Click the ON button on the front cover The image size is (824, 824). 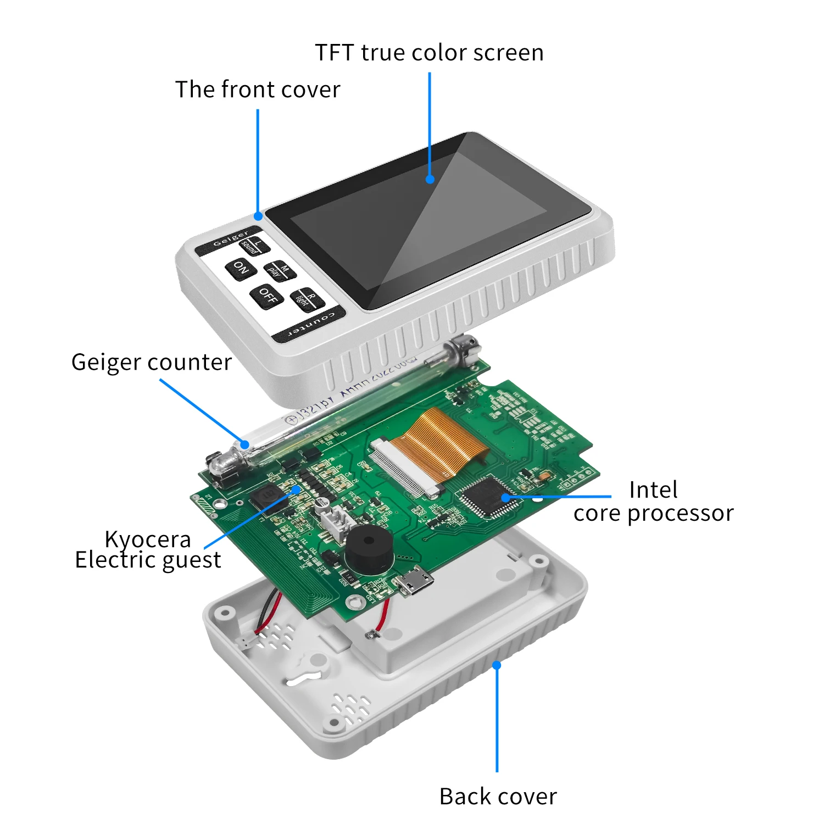241,269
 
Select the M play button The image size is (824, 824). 280,270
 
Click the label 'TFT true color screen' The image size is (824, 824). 429,53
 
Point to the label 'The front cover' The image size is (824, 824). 258,90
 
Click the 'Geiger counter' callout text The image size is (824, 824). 152,363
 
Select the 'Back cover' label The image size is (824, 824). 498,797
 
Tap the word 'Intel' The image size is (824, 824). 653,489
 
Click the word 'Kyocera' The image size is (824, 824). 148,539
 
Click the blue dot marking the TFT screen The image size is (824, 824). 430,179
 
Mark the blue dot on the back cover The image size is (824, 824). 497,665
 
